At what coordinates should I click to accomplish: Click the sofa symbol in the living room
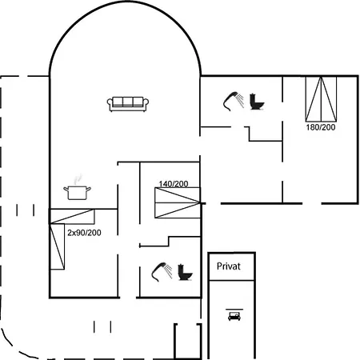coord(128,104)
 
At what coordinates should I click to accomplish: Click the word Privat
coord(229,266)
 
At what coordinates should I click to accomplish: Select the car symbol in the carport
coord(234,316)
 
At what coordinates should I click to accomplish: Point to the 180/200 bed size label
coord(321,127)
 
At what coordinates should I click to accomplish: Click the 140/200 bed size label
coord(174,184)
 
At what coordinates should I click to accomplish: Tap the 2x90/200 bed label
coord(84,233)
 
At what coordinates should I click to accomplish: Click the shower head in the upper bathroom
coord(234,101)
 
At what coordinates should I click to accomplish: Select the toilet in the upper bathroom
coord(257,102)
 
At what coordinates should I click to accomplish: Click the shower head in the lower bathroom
coord(162,272)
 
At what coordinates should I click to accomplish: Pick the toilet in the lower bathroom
coord(185,272)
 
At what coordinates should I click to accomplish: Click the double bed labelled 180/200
coord(321,99)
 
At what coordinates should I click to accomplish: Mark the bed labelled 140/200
coord(178,202)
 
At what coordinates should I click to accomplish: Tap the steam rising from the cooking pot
coord(78,179)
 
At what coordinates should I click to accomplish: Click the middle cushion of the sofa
coord(128,102)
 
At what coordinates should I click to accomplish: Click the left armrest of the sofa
coord(110,103)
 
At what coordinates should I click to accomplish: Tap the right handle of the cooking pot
coord(89,189)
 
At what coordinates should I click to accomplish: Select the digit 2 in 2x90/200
coord(70,233)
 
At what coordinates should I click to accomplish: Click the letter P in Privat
coord(219,266)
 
